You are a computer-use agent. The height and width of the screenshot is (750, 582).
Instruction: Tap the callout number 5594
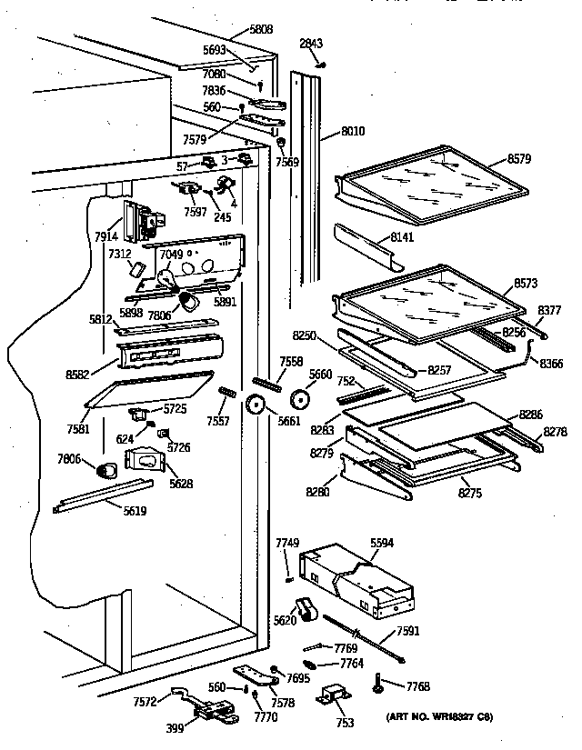pyautogui.click(x=383, y=544)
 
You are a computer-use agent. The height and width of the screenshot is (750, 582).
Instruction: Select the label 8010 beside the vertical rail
pyautogui.click(x=353, y=132)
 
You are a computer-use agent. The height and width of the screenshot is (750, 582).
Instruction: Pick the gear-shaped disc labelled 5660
pyautogui.click(x=300, y=398)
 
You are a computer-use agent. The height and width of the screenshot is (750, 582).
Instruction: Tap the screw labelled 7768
pyautogui.click(x=376, y=685)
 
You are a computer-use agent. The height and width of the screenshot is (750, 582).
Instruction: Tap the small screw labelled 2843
pyautogui.click(x=321, y=64)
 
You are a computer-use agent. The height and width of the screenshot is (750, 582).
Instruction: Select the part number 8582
pyautogui.click(x=78, y=373)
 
